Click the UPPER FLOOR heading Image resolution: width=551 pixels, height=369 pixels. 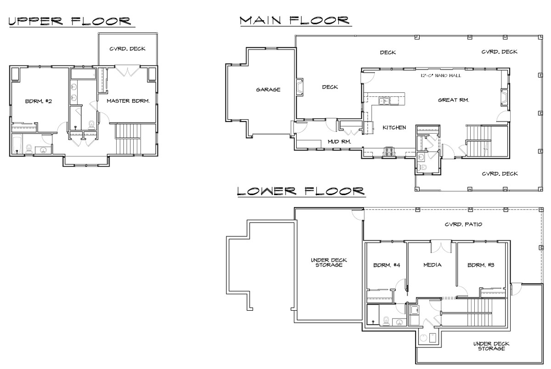(70, 21)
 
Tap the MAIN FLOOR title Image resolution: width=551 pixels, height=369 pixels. (294, 20)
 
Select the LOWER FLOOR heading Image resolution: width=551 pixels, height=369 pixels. (301, 191)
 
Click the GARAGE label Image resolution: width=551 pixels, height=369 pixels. (268, 90)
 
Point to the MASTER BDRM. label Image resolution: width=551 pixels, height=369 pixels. (128, 101)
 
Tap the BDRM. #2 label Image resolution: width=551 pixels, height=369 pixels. (39, 101)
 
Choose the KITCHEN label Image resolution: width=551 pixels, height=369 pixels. (394, 128)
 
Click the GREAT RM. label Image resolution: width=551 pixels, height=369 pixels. (454, 100)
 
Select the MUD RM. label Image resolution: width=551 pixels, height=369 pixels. (339, 142)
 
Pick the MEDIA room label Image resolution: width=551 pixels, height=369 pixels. (433, 265)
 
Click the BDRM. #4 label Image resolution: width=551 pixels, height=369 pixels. (387, 265)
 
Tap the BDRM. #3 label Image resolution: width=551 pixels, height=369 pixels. (481, 265)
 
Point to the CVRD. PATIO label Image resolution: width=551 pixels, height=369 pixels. (463, 224)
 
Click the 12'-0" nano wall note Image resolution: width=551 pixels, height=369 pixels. (441, 76)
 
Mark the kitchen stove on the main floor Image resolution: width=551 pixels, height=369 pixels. (389, 151)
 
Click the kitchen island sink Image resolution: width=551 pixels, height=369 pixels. (383, 101)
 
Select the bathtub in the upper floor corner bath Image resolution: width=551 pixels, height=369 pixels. (17, 145)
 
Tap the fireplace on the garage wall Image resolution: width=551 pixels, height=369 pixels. (299, 87)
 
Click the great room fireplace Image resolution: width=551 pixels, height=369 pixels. (505, 97)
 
